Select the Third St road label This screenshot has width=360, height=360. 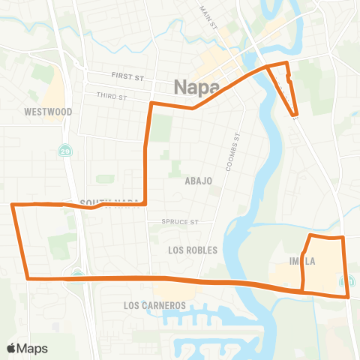[x=111, y=95]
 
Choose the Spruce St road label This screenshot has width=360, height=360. [x=181, y=222]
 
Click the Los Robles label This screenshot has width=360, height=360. [x=193, y=250]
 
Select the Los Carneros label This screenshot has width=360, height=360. [x=154, y=306]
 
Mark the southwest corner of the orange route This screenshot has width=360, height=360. [x=28, y=278]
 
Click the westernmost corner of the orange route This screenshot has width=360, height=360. [x=12, y=204]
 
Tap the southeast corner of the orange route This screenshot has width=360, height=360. [x=349, y=296]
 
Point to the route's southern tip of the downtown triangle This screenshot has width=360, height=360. [x=296, y=116]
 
